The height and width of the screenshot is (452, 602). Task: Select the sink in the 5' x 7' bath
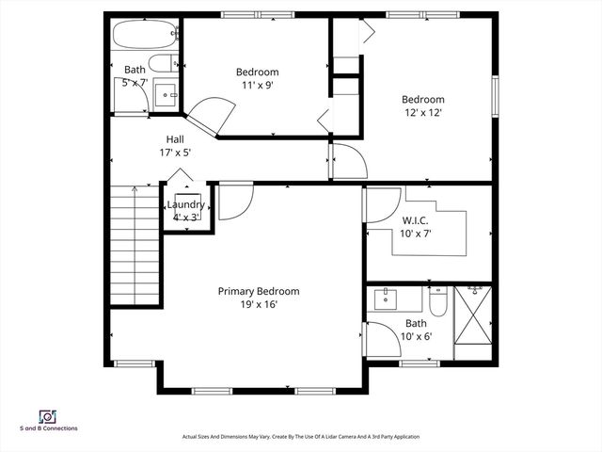[166, 93]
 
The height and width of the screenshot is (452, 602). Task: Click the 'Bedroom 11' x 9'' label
[257, 78]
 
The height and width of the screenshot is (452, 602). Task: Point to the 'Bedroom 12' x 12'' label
[422, 105]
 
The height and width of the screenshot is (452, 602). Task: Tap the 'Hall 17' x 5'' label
[174, 145]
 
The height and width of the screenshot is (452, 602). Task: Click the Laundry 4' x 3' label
[185, 211]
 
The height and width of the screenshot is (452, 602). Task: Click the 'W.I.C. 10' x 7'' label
[418, 227]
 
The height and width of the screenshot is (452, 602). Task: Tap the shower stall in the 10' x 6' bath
[473, 322]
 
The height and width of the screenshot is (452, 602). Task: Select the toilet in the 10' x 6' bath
[438, 301]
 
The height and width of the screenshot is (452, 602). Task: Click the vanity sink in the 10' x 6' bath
[387, 300]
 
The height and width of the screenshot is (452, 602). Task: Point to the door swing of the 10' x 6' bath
[381, 337]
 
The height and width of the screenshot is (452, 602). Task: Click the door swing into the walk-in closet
[382, 206]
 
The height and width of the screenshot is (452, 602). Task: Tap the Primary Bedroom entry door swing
[235, 202]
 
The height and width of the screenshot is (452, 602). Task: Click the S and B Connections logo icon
[46, 415]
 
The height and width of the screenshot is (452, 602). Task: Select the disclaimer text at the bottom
[300, 437]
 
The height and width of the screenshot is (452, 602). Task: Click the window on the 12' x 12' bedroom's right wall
[493, 95]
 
